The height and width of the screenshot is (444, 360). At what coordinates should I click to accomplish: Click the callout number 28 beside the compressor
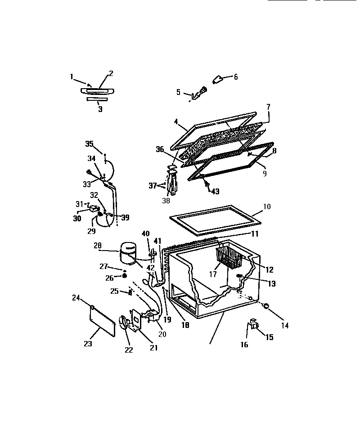[x=98, y=246]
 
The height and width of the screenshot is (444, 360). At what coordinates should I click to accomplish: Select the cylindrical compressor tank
[x=128, y=252]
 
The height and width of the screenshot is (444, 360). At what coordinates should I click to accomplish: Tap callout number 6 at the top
[x=235, y=77]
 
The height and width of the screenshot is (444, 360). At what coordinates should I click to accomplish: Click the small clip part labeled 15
[x=254, y=324]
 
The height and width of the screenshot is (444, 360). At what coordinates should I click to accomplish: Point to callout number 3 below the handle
[x=100, y=109]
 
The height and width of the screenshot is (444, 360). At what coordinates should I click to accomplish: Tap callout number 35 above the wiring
[x=89, y=144]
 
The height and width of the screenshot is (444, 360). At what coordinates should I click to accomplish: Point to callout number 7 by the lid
[x=268, y=107]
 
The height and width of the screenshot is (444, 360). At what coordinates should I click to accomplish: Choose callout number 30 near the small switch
[x=77, y=219]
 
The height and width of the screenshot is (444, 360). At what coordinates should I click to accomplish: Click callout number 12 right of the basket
[x=269, y=270]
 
